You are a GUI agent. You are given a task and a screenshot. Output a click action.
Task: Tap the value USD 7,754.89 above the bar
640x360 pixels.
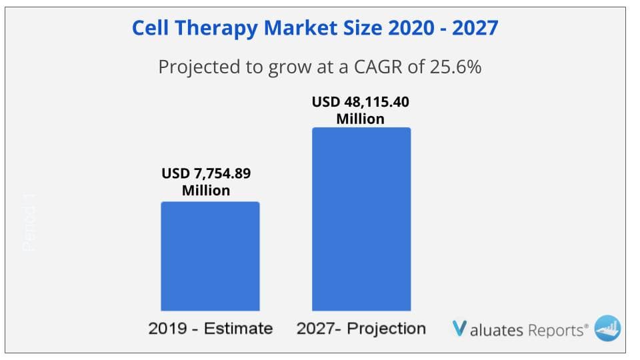pos(206,175)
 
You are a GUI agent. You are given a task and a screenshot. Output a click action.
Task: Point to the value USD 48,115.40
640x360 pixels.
pos(360,103)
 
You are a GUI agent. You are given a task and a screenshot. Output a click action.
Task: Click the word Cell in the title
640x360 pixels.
pos(151,28)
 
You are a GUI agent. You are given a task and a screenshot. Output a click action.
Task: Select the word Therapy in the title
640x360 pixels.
pos(216,29)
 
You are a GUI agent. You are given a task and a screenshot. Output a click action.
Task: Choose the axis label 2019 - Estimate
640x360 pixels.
pos(211,328)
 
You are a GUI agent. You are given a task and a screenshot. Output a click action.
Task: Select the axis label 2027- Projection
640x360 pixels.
pos(361,328)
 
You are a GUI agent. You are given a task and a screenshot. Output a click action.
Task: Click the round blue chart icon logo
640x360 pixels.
pos(607,327)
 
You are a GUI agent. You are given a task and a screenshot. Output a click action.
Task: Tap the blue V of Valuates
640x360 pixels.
pos(459,328)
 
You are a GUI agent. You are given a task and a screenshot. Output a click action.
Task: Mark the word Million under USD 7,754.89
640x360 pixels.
pos(206,191)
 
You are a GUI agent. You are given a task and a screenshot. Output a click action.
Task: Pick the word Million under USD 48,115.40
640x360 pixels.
pos(360,119)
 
